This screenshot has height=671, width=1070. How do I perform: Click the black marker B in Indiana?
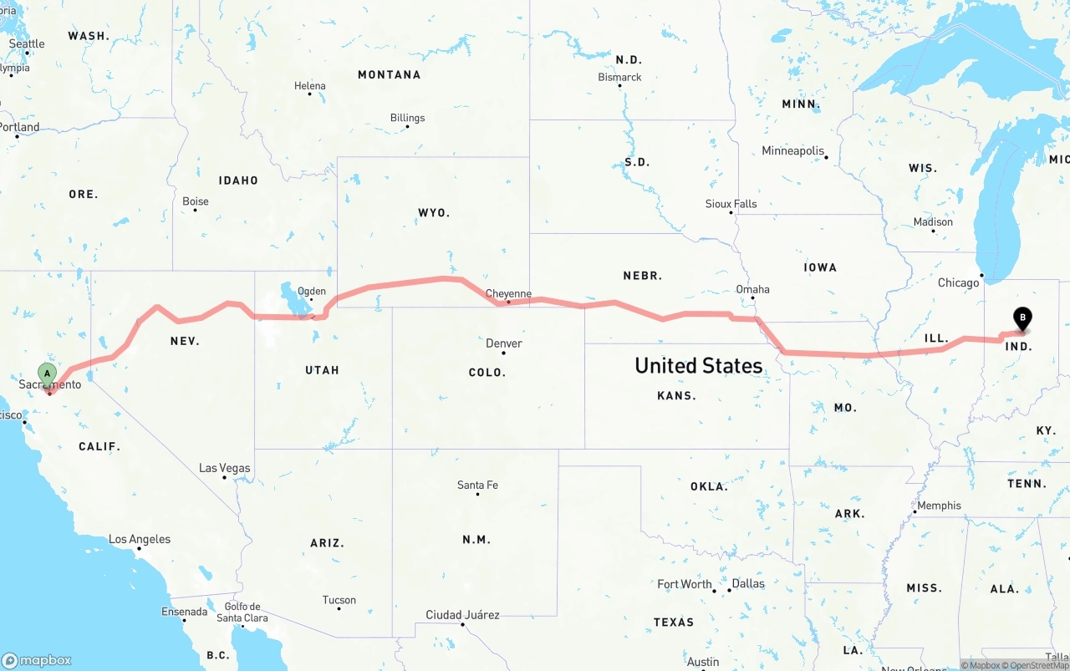coord(1022,318)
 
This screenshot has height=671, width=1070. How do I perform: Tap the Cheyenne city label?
coord(508,293)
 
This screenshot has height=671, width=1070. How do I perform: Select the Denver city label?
coord(503,343)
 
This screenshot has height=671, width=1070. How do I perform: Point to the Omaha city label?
coord(752,289)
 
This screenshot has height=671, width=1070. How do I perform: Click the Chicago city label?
coord(958,282)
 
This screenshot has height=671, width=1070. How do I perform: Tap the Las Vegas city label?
coord(224,468)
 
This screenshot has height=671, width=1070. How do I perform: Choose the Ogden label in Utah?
coord(311,292)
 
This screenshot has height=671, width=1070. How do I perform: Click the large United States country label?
coord(698,365)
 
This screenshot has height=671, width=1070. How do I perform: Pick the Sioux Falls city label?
coord(731,203)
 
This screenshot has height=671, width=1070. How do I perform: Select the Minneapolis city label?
coord(792,151)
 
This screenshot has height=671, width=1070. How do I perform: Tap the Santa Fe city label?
coord(477,485)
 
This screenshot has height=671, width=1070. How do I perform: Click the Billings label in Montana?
coord(407,118)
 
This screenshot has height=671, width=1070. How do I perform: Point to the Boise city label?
coord(196,201)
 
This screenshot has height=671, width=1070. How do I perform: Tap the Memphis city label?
coord(939,506)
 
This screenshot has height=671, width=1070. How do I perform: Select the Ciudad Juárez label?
coord(462,615)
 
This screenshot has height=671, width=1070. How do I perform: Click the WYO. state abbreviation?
coord(434,213)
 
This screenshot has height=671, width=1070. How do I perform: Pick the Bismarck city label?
coord(619,77)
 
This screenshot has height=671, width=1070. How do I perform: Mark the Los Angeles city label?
coord(140,539)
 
